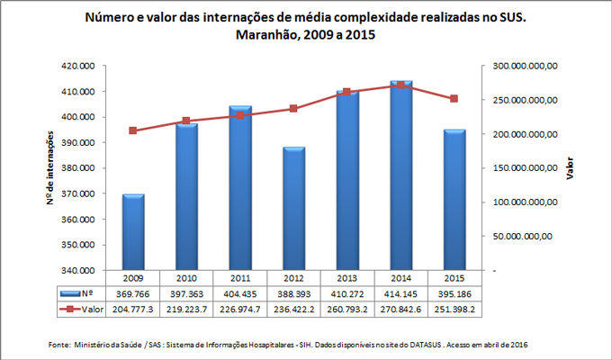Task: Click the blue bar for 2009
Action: pyautogui.click(x=133, y=231)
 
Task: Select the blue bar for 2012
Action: pyautogui.click(x=293, y=208)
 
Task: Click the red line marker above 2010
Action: pyautogui.click(x=186, y=121)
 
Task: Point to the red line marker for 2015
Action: pyautogui.click(x=454, y=99)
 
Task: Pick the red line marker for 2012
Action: pyautogui.click(x=293, y=109)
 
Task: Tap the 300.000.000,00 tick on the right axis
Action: pyautogui.click(x=528, y=66)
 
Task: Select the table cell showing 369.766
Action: pyautogui.click(x=133, y=293)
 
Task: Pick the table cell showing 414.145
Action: pyautogui.click(x=400, y=293)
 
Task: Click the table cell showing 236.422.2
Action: pyautogui.click(x=293, y=309)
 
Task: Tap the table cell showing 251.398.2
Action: pyautogui.click(x=454, y=309)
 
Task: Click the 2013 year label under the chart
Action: pyautogui.click(x=346, y=278)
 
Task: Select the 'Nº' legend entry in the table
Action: pyautogui.click(x=76, y=293)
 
